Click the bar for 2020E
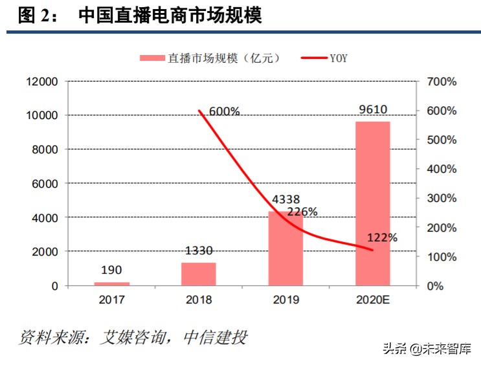372,203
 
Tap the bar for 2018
198,274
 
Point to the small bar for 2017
111,283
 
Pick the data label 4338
285,200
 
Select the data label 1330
198,250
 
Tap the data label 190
111,270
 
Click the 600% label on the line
225,111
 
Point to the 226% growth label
302,212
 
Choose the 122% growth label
381,238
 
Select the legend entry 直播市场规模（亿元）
210,58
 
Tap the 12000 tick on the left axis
41,82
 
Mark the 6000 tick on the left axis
45,184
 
